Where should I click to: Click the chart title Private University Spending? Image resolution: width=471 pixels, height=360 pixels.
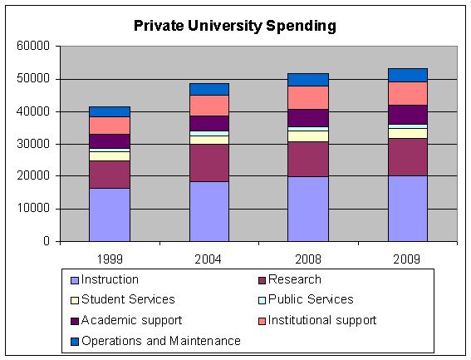tap(235, 26)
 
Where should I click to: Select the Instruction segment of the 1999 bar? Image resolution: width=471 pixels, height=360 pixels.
tap(110, 215)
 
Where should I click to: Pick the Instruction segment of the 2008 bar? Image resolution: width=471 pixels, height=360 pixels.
tap(308, 209)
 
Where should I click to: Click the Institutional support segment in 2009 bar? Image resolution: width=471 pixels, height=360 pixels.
tap(407, 93)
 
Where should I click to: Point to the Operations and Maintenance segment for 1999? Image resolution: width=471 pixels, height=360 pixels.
tap(110, 111)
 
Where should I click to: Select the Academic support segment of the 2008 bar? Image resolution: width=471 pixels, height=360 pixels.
tap(308, 117)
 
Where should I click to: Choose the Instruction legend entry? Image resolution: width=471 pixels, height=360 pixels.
tap(110, 280)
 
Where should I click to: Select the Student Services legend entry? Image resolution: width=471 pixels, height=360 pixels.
tap(128, 300)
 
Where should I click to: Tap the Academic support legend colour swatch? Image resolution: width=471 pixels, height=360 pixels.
tap(74, 321)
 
